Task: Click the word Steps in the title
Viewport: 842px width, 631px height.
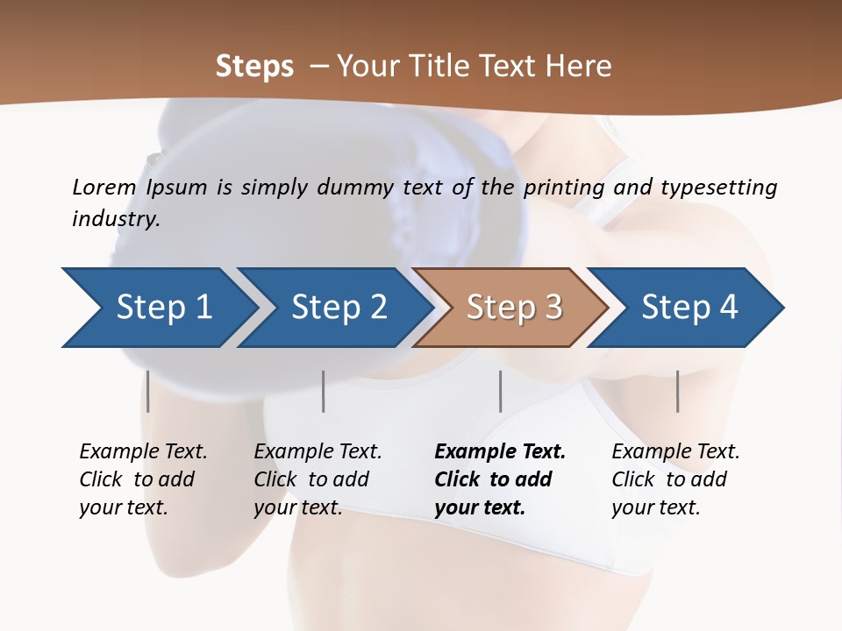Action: (254, 67)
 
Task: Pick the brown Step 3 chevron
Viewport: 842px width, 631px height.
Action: (513, 308)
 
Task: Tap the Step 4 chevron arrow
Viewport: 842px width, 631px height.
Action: (689, 308)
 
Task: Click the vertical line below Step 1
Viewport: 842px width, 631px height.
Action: (148, 391)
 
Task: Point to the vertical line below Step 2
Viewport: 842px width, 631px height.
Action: (324, 391)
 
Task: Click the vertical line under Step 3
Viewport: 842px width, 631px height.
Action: (501, 391)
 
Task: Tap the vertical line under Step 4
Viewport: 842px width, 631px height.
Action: (677, 391)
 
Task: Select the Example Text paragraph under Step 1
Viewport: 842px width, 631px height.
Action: (143, 479)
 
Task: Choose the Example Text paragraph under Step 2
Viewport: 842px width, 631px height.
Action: (318, 479)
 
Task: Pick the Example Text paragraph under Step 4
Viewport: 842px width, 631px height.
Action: (675, 479)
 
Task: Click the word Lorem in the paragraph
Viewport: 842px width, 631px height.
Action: (104, 187)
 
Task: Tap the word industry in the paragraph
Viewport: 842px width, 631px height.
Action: (115, 219)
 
